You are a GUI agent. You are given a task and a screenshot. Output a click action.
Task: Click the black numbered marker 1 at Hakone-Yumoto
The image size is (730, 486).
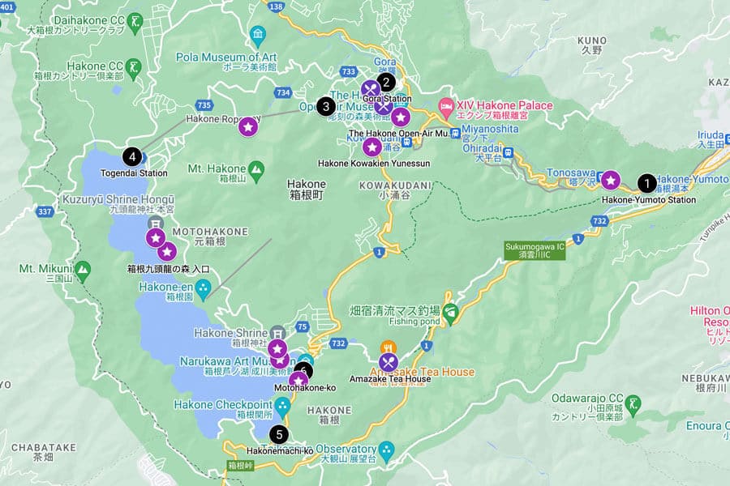[x=646, y=182]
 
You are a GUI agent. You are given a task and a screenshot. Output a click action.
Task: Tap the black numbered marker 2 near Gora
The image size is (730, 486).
[x=387, y=82]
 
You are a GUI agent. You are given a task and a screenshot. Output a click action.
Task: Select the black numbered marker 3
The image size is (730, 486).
[x=326, y=105]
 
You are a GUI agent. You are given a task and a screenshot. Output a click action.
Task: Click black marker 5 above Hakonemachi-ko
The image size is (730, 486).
[x=280, y=434]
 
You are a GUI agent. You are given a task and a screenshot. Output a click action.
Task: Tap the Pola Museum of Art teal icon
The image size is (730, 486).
[x=258, y=35]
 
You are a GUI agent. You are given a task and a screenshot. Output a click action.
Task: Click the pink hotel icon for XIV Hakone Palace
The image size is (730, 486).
[x=445, y=105]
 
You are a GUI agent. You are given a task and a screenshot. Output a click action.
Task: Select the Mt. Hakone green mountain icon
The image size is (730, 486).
[x=256, y=170]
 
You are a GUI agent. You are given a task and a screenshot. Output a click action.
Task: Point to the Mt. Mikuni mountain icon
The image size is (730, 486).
[x=82, y=268]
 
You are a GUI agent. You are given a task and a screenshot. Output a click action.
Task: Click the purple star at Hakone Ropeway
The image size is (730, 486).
[x=249, y=126]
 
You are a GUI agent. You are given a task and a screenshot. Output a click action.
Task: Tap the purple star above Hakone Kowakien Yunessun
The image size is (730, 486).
[x=371, y=147]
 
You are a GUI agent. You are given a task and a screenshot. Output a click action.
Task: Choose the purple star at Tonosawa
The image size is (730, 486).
[x=609, y=179]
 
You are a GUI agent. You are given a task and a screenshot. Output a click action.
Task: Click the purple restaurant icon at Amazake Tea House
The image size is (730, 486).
[x=389, y=362]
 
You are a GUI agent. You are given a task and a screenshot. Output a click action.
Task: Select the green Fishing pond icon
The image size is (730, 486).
[x=450, y=311]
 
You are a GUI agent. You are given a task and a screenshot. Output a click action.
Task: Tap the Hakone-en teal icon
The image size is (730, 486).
[x=204, y=288]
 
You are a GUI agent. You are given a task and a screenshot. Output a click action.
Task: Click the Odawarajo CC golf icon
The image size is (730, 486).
[x=634, y=403]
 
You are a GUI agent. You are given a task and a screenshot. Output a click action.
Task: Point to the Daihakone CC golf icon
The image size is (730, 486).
[x=136, y=19]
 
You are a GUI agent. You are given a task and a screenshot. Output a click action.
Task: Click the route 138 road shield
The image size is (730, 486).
[x=277, y=6]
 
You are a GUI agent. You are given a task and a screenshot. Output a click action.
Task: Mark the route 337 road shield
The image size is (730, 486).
[x=45, y=212]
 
